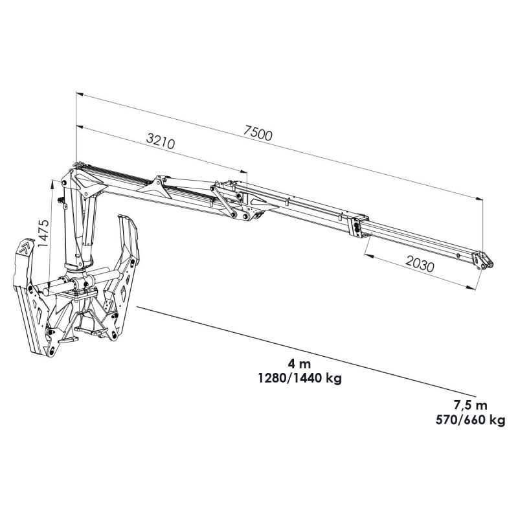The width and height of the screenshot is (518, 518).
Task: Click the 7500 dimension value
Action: [258, 133]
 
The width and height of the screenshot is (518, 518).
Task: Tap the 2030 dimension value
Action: [419, 264]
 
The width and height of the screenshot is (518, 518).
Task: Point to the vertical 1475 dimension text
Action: [43, 233]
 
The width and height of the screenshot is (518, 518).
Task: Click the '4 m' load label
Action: [299, 364]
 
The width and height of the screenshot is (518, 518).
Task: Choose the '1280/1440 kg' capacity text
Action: [299, 378]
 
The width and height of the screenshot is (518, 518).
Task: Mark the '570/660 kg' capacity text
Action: [470, 420]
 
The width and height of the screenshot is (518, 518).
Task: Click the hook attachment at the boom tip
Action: [483, 260]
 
